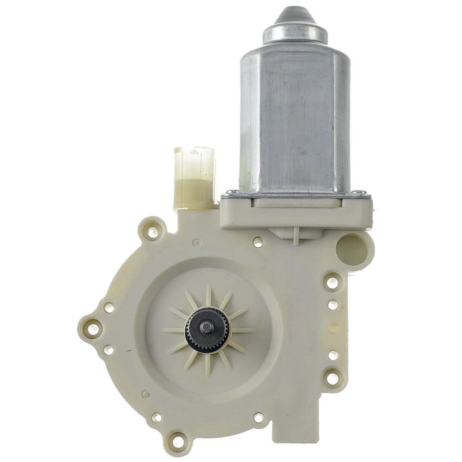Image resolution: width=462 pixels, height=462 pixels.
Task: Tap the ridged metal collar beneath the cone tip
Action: point(295,34)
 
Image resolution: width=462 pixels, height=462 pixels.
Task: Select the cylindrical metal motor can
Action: point(295,120)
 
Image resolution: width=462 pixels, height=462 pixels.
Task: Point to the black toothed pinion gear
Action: point(207,330)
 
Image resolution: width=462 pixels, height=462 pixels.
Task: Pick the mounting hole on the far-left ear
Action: point(92,329)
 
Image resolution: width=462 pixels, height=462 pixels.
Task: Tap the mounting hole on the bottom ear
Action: point(178,440)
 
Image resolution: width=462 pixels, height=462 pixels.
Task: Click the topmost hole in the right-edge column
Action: point(332,282)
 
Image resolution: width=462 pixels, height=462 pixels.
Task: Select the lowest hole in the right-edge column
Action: point(332,378)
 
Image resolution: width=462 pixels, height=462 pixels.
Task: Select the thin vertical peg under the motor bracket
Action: point(295,236)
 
